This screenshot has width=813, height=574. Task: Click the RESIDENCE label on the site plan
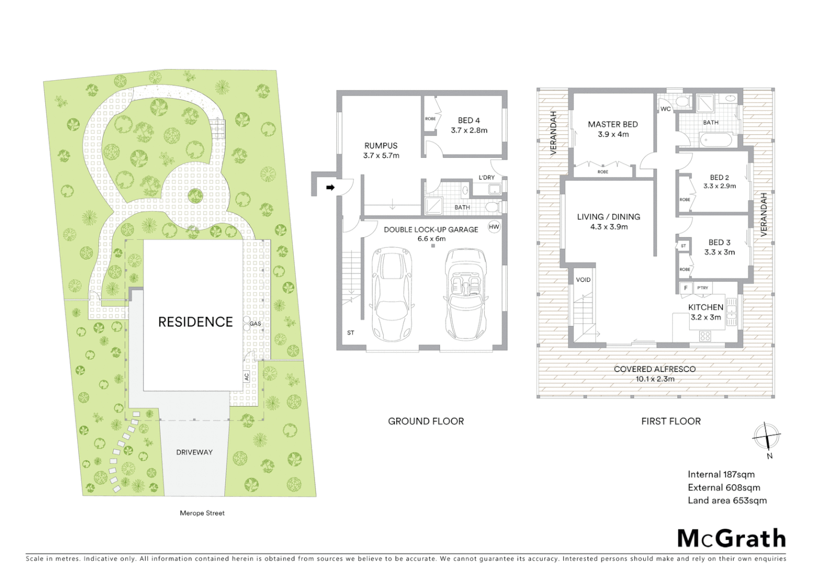(x=195, y=322)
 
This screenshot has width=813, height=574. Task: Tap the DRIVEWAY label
(x=194, y=452)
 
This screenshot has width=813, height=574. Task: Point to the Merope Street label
(x=202, y=513)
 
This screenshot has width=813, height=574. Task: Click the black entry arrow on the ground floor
(x=330, y=187)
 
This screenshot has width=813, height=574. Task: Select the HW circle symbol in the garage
(x=494, y=227)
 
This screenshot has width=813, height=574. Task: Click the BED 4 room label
(x=469, y=121)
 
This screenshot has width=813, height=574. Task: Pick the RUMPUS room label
(x=381, y=146)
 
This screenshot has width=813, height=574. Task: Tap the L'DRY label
(x=486, y=178)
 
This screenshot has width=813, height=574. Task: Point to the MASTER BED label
(x=612, y=124)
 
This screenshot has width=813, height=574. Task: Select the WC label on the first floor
(x=666, y=109)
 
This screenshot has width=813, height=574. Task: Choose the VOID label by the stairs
(x=583, y=280)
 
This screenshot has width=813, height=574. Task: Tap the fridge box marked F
(x=686, y=288)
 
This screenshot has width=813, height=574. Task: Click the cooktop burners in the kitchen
(x=705, y=336)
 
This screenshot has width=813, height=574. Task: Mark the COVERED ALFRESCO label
(x=654, y=369)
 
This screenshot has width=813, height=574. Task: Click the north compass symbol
(x=766, y=437)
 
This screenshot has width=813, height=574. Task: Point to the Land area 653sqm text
(x=727, y=500)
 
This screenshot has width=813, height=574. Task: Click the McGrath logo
(x=731, y=538)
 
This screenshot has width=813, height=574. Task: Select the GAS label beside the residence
(x=255, y=323)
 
